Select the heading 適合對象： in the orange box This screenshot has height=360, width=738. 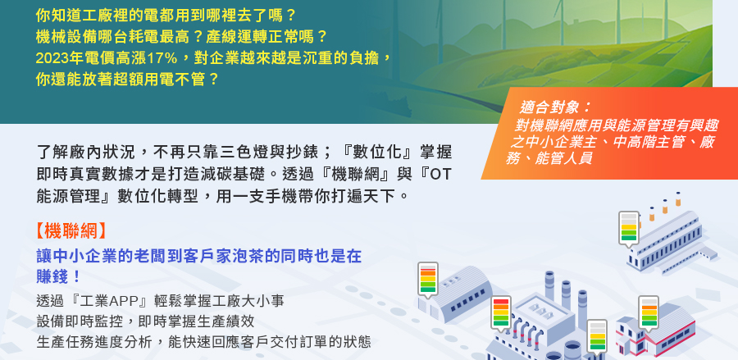point(555,107)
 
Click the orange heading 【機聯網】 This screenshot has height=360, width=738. point(71,231)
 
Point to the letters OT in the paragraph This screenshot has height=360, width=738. point(440,174)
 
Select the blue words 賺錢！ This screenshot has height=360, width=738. point(59,277)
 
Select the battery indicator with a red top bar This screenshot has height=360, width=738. point(500,313)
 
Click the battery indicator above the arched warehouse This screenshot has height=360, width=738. point(428,280)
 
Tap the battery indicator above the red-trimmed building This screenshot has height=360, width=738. point(648,312)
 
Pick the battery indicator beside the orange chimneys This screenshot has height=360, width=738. point(628,228)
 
